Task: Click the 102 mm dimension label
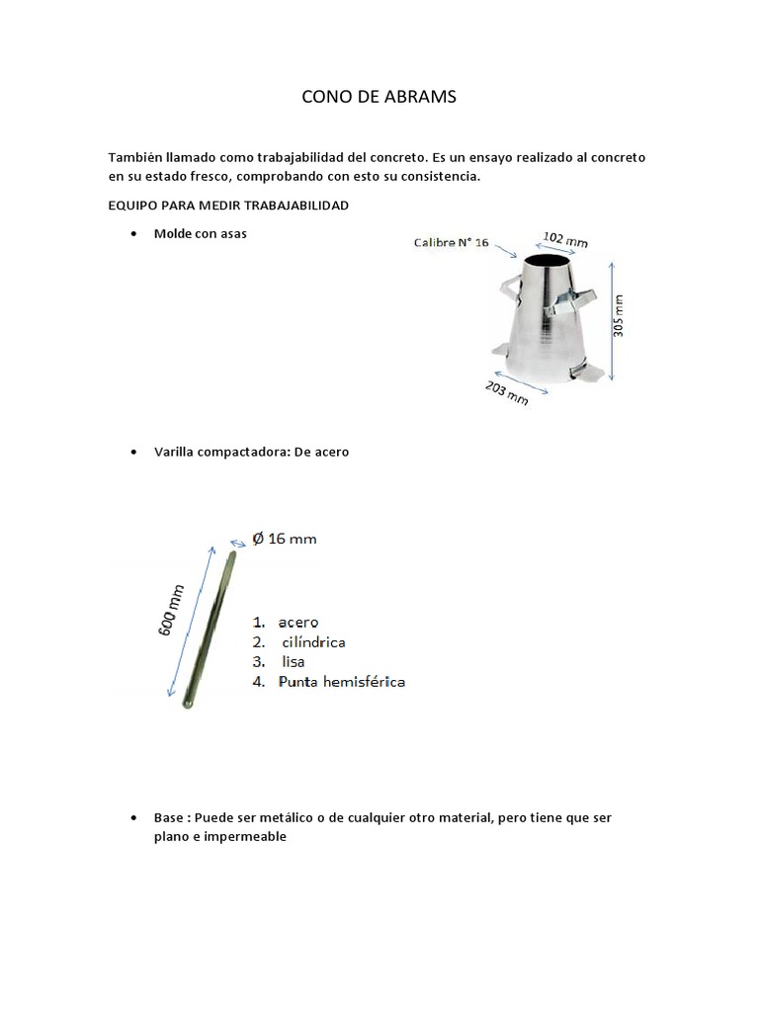[x=565, y=240]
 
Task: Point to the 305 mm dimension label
[x=619, y=314]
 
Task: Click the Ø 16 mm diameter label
[x=285, y=539]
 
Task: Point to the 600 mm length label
[x=170, y=608]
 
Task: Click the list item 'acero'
[x=297, y=623]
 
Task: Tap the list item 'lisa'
[x=294, y=662]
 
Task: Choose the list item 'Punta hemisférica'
[x=342, y=682]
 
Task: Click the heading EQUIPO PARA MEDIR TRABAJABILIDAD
[x=227, y=205]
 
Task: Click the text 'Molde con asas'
[x=201, y=233]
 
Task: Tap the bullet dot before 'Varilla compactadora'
[x=133, y=453]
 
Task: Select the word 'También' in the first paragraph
[x=135, y=157]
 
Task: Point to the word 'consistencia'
[x=441, y=177]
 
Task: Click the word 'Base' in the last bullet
[x=169, y=819]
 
